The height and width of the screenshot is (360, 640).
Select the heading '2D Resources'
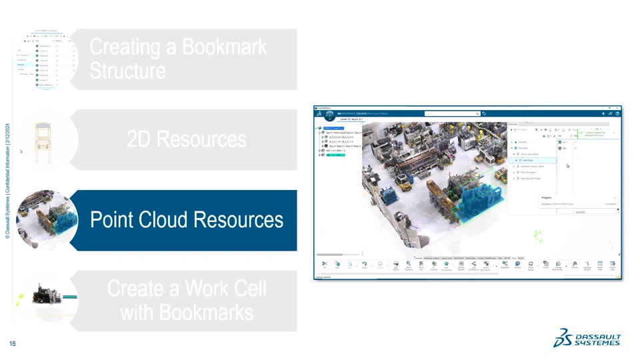[187, 139]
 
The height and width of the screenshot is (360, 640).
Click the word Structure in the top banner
[127, 71]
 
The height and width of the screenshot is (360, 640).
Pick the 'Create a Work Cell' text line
[187, 289]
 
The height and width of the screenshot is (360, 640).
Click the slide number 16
[12, 343]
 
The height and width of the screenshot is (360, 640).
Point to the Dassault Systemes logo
[587, 339]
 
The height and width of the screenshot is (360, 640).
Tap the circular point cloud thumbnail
[47, 220]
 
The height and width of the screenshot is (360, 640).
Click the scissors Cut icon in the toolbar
[325, 264]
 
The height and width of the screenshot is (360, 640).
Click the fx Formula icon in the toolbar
[575, 264]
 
